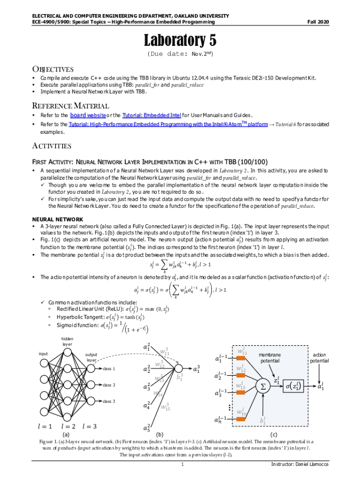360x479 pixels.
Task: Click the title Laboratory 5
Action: (180, 40)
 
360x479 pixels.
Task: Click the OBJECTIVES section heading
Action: (52, 69)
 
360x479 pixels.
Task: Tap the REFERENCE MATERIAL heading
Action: (70, 106)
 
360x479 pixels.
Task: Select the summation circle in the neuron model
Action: (263, 387)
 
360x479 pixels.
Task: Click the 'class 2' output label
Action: (109, 385)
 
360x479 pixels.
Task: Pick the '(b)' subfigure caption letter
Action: (159, 435)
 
